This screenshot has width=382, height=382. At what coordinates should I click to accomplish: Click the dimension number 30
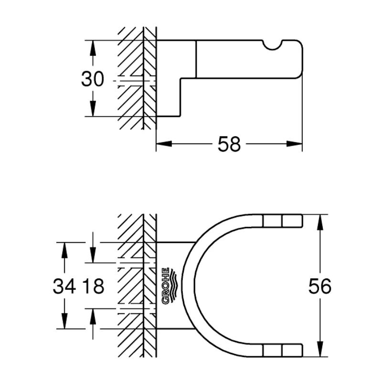(x=93, y=79)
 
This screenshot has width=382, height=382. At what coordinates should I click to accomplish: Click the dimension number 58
(x=229, y=144)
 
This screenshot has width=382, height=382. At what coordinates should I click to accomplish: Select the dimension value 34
(x=64, y=286)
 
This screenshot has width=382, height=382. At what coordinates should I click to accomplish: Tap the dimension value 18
(x=93, y=286)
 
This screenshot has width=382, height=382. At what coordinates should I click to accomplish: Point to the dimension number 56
(x=320, y=286)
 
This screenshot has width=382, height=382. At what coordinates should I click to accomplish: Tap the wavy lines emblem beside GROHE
(x=175, y=284)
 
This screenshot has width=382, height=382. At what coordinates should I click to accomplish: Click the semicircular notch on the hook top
(x=273, y=45)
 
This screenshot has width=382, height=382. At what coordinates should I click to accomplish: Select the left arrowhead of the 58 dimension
(x=164, y=144)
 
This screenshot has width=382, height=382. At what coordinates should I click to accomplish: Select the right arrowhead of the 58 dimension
(x=294, y=144)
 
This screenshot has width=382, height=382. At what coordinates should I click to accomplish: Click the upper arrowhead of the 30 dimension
(x=93, y=48)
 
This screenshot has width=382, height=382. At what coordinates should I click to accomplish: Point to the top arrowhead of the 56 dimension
(x=320, y=223)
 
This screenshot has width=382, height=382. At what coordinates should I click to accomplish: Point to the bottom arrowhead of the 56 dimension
(x=320, y=349)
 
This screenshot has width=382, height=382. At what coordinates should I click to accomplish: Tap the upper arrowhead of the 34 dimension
(x=64, y=250)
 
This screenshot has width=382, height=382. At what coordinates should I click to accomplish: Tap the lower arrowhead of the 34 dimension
(x=64, y=321)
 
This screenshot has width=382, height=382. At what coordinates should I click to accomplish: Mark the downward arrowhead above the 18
(x=93, y=255)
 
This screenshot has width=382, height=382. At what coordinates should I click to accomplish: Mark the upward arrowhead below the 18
(x=93, y=317)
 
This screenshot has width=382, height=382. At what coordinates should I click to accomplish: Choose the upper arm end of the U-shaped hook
(x=302, y=221)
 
